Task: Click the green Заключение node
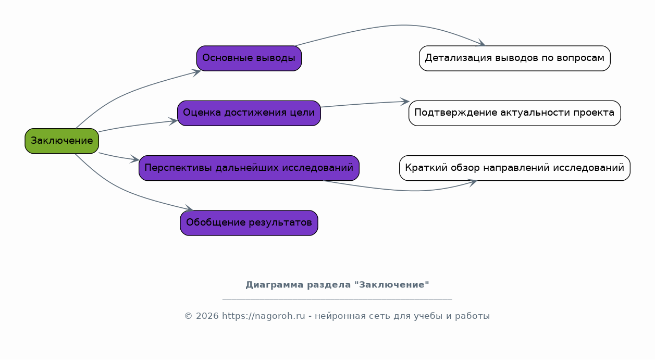[61, 141]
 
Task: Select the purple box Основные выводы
[249, 58]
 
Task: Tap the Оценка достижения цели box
[249, 113]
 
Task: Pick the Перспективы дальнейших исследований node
[249, 168]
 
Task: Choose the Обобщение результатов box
[249, 223]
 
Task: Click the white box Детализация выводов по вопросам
[515, 58]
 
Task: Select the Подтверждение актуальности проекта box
[515, 113]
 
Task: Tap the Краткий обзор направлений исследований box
[515, 168]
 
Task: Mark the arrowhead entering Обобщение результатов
[189, 208]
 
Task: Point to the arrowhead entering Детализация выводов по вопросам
[481, 43]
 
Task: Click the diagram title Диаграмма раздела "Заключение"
[337, 285]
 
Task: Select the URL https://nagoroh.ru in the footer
[264, 316]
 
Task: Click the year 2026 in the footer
[207, 316]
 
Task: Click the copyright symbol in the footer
[188, 316]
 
